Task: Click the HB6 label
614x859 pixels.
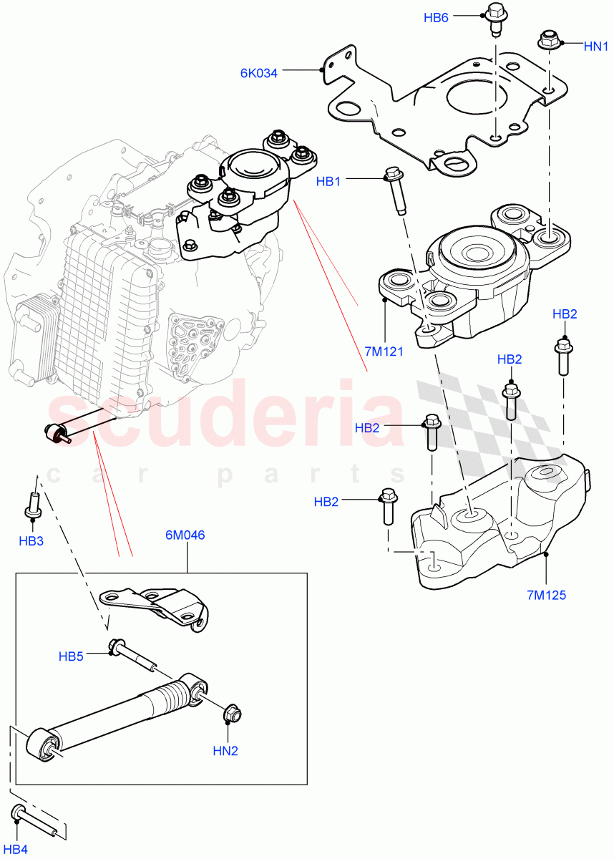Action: pyautogui.click(x=436, y=18)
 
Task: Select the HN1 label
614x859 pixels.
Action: pyautogui.click(x=595, y=47)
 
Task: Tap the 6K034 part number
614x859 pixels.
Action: pyautogui.click(x=259, y=72)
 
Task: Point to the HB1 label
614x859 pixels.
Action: pyautogui.click(x=328, y=182)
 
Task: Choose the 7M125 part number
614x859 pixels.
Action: pyautogui.click(x=547, y=595)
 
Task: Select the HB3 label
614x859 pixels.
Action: pyautogui.click(x=31, y=541)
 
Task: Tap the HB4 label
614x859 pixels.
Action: pyautogui.click(x=17, y=849)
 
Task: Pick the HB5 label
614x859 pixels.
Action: pyautogui.click(x=72, y=656)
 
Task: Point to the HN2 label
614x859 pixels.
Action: pyautogui.click(x=225, y=751)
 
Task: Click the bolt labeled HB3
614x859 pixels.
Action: pyautogui.click(x=32, y=505)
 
